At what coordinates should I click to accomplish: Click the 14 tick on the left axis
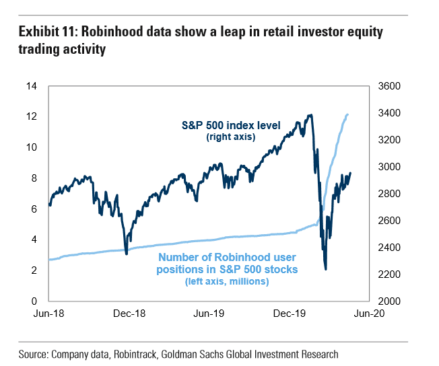click(x=32, y=86)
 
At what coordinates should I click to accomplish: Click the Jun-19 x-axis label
click(x=209, y=314)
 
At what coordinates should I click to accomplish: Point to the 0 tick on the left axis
click(x=35, y=301)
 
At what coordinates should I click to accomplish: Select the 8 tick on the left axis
click(x=35, y=178)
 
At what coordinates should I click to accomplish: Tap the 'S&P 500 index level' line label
click(x=240, y=125)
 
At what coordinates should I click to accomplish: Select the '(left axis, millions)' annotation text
click(x=228, y=281)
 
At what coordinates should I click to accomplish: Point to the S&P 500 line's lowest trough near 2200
click(x=326, y=270)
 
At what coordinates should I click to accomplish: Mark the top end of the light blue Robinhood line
click(x=347, y=114)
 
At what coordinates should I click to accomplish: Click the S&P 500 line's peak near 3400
click(x=310, y=115)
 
